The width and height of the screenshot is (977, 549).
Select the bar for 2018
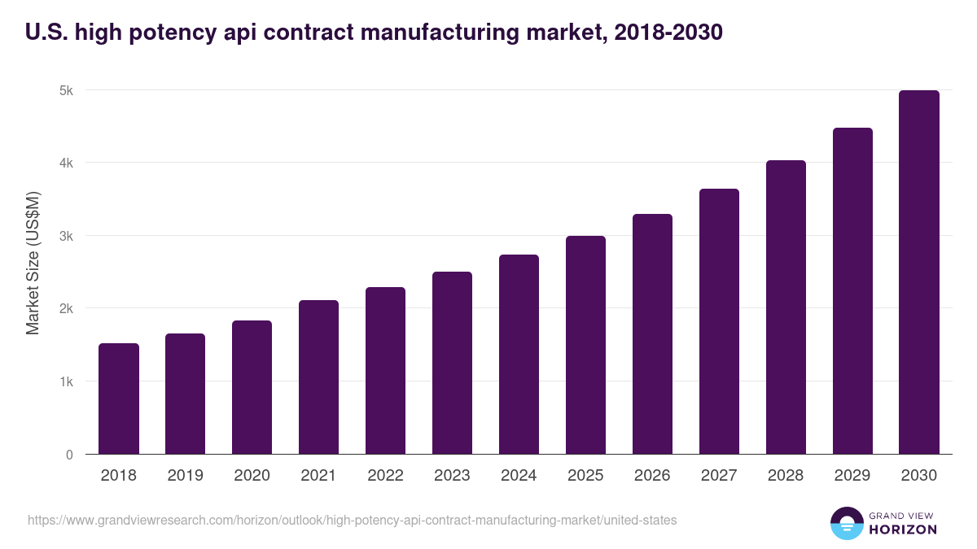119,399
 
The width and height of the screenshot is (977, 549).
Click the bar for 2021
319,377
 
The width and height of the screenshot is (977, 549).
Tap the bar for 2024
519,355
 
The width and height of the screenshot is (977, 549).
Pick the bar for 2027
719,321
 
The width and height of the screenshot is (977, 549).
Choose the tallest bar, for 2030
919,272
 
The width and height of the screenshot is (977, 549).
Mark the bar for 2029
852,291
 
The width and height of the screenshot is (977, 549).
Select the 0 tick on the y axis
69,455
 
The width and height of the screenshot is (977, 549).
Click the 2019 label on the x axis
186,476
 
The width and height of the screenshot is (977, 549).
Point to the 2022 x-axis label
386,476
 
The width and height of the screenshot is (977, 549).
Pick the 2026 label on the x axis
652,476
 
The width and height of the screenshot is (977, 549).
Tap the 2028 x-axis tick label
786,476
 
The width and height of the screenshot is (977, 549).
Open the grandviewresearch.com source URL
352,520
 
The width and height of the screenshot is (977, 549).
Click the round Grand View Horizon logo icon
847,523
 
